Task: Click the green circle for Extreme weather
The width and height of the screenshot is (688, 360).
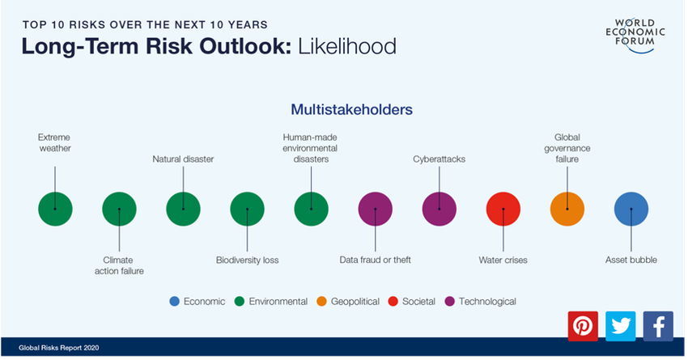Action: click(x=55, y=209)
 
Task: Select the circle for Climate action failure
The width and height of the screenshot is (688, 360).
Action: click(x=119, y=209)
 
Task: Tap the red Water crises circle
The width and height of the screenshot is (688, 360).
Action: click(x=503, y=209)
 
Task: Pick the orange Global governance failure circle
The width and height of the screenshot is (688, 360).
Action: click(x=567, y=209)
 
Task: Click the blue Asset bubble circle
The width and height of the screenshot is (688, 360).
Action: click(x=631, y=209)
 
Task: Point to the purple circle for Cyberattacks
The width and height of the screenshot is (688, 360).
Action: click(x=440, y=209)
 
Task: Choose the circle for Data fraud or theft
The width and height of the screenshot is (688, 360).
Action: click(x=375, y=209)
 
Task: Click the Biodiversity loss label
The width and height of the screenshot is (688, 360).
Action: click(x=248, y=260)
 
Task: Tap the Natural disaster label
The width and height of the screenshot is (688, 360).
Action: click(x=184, y=159)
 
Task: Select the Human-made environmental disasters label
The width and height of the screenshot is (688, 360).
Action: click(x=310, y=148)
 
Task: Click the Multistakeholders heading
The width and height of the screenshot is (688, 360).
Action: click(x=352, y=109)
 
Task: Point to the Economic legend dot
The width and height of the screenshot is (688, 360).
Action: click(x=175, y=301)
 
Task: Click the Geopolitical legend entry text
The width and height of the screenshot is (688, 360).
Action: click(x=355, y=302)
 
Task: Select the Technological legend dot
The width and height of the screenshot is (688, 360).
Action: click(x=450, y=301)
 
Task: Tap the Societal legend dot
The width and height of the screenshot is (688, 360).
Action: click(x=393, y=301)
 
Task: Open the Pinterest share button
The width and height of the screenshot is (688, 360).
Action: click(x=583, y=326)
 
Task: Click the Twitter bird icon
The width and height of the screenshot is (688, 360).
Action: click(x=621, y=326)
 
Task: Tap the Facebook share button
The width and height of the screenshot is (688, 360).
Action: click(x=658, y=326)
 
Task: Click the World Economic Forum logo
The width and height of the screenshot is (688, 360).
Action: click(x=635, y=35)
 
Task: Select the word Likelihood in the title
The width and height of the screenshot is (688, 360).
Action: click(x=347, y=46)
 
